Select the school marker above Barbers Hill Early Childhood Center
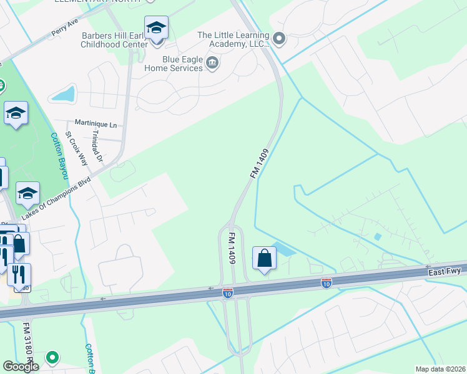tap(155, 27)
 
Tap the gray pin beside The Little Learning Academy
tap(279, 39)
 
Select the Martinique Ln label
tap(96, 124)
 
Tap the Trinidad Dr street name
tap(99, 147)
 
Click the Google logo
tap(20, 367)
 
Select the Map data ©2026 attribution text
tap(440, 369)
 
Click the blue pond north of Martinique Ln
tap(63, 95)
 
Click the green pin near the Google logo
tap(52, 358)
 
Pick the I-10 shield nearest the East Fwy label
tap(326, 284)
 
